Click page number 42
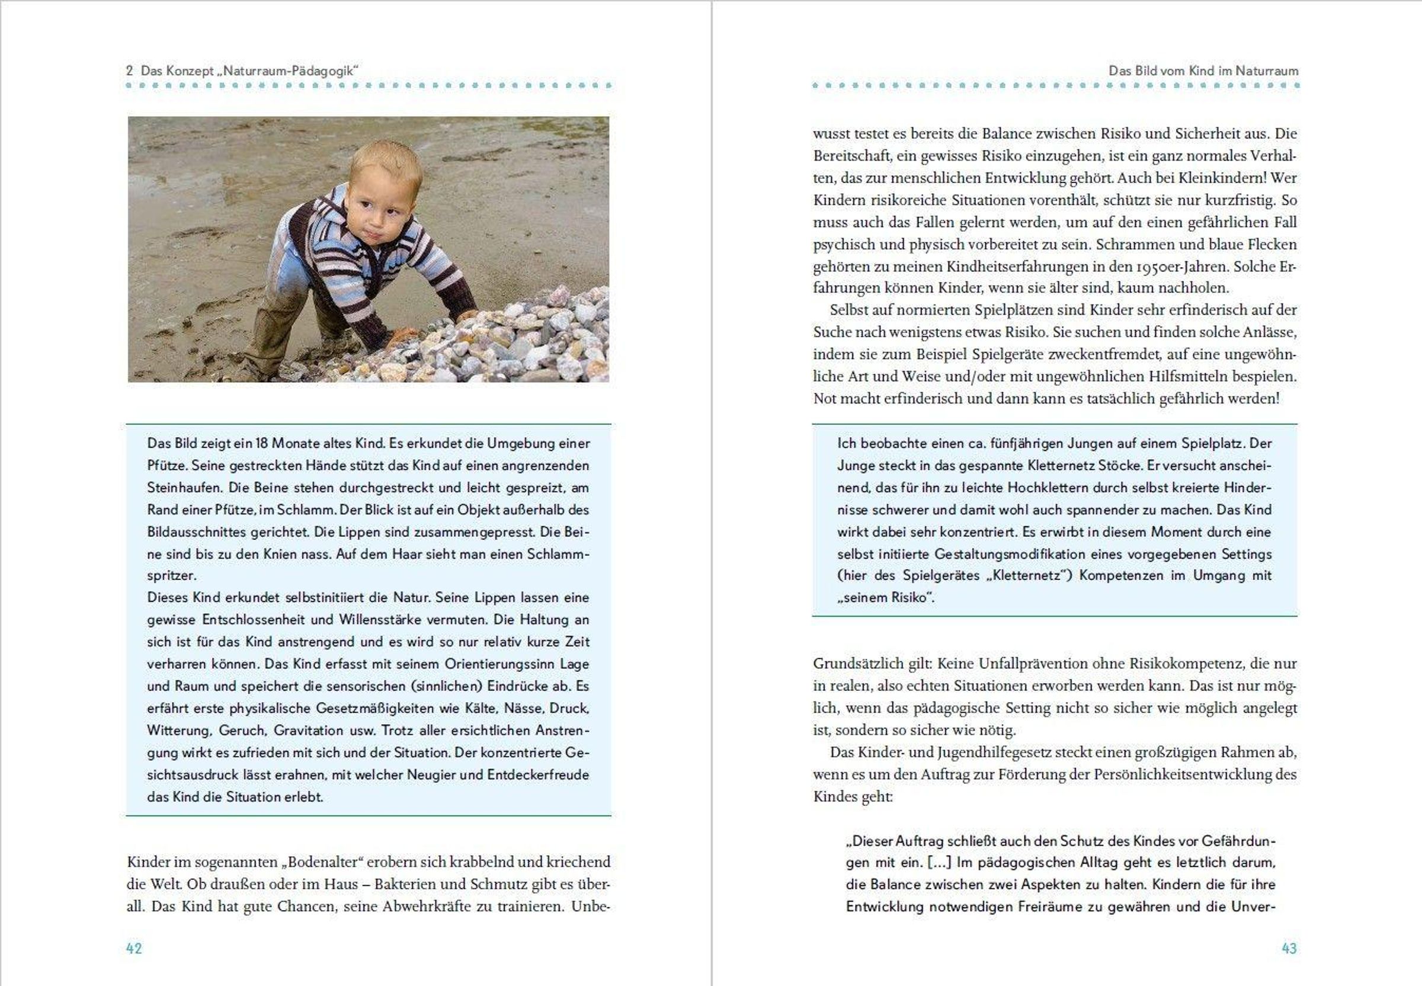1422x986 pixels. pyautogui.click(x=134, y=948)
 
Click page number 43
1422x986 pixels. pyautogui.click(x=1289, y=948)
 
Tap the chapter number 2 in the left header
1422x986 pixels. pyautogui.click(x=129, y=71)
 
